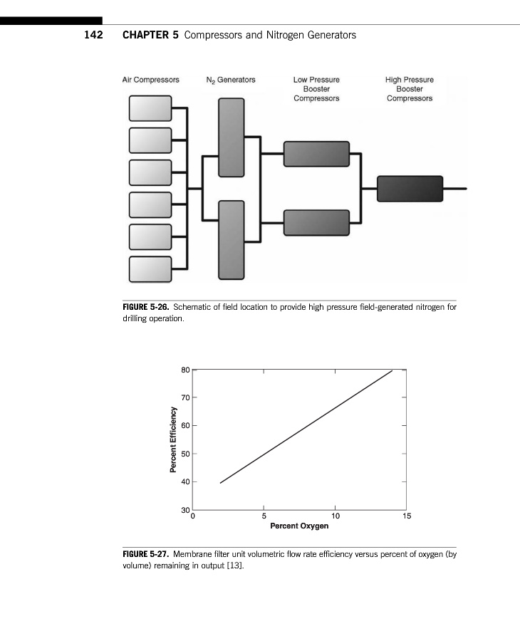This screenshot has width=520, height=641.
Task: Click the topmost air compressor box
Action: (150, 108)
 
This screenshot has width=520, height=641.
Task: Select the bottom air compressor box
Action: (150, 269)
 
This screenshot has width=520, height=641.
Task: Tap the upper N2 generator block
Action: (231, 137)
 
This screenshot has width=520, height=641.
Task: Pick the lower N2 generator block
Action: (231, 239)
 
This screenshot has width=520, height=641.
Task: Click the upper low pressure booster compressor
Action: (316, 154)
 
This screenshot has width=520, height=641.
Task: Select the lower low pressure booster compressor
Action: (316, 222)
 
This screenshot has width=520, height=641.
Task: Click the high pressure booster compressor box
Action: (410, 189)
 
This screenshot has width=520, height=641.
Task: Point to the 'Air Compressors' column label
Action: (151, 80)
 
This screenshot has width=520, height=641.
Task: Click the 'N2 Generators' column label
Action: (230, 80)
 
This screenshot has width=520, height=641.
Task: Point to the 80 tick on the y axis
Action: (185, 370)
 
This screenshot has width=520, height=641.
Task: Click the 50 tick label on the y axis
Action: (185, 454)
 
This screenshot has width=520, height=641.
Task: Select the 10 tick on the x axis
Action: (336, 516)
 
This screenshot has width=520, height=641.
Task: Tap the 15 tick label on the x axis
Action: (407, 516)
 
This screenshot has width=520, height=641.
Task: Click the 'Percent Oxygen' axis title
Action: (299, 526)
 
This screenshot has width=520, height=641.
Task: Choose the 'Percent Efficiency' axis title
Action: (173, 439)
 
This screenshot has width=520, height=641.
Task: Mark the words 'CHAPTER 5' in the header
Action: (150, 35)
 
